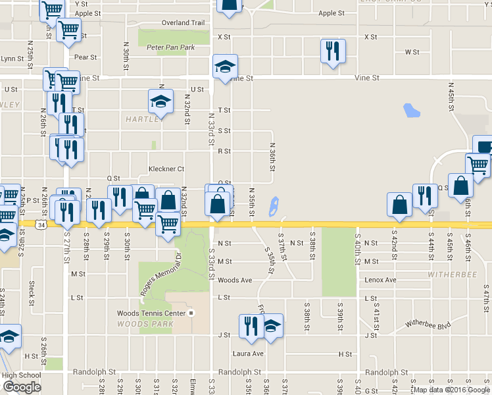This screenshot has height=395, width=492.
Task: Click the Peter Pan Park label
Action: pyautogui.click(x=171, y=47)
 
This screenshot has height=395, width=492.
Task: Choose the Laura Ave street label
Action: pyautogui.click(x=248, y=354)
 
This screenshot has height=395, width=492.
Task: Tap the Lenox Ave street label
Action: pyautogui.click(x=380, y=280)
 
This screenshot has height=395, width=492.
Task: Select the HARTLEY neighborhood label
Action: pyautogui.click(x=143, y=119)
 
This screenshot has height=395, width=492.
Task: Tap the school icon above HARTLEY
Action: pyautogui.click(x=160, y=102)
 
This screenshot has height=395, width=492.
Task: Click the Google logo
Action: pyautogui.click(x=22, y=387)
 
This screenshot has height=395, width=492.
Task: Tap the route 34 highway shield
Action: pyautogui.click(x=41, y=225)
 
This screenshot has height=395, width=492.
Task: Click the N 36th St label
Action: pyautogui.click(x=272, y=157)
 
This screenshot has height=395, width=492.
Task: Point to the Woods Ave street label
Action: pyautogui.click(x=235, y=280)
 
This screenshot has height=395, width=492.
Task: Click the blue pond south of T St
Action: pyautogui.click(x=412, y=110)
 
